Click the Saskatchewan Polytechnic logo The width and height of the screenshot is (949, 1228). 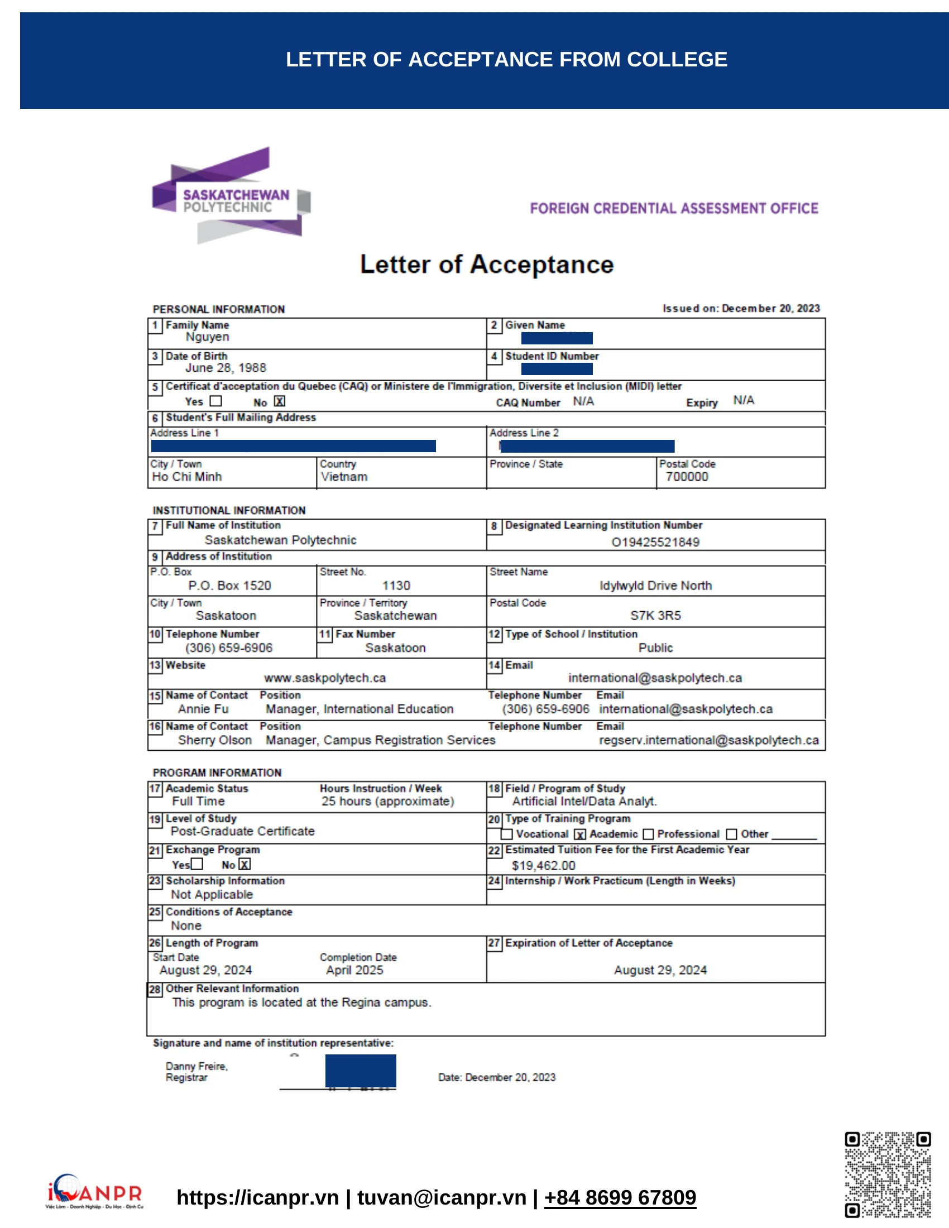click(231, 196)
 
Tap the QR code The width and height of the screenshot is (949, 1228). click(887, 1174)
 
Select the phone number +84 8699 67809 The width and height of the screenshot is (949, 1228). click(620, 1198)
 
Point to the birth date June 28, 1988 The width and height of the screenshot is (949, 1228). click(226, 368)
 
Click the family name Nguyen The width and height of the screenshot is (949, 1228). click(208, 337)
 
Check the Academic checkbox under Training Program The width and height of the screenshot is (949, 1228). click(580, 834)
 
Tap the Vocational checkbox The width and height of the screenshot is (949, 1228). click(506, 834)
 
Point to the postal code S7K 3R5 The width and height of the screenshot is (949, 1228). click(655, 616)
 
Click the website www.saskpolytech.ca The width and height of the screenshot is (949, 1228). click(325, 678)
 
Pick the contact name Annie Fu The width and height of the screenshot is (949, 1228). click(203, 709)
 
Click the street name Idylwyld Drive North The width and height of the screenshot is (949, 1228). click(655, 586)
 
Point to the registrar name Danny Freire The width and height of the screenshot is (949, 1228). click(196, 1067)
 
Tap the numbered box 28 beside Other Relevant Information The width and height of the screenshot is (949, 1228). click(155, 990)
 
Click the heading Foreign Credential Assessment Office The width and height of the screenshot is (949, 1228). click(674, 209)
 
